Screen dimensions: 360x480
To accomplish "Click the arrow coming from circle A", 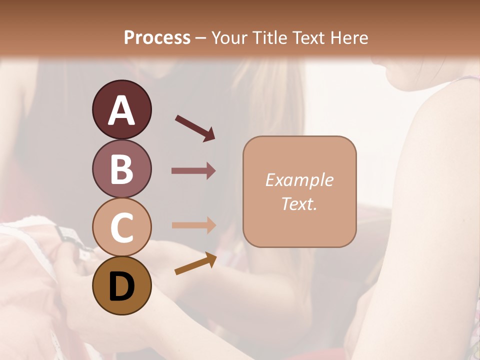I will [195, 127].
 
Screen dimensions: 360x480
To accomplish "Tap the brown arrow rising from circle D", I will [195, 263].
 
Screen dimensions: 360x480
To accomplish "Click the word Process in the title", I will [157, 38].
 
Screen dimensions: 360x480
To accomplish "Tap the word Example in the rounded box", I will [299, 180].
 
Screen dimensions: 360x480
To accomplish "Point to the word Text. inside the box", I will [299, 203].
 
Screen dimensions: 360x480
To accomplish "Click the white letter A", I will [121, 111].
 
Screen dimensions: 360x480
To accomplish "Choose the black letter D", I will [121, 287].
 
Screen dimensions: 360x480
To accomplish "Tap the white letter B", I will [121, 170].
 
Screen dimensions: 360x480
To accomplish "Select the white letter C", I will [121, 228].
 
